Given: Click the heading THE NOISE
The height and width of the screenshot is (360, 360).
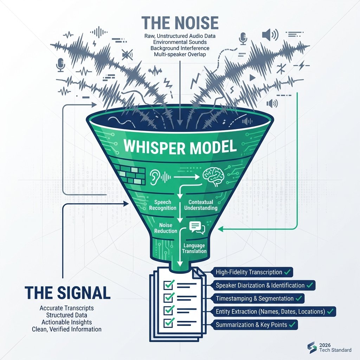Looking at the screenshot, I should (180, 23).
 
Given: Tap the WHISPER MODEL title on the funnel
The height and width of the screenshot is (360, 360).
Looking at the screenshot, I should (180, 147).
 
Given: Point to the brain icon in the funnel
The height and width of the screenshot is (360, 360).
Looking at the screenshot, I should (214, 176).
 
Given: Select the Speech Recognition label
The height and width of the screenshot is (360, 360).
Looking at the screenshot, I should (162, 205).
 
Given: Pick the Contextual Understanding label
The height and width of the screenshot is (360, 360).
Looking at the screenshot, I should (203, 205).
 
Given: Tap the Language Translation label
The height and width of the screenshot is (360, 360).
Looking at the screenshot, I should (194, 248).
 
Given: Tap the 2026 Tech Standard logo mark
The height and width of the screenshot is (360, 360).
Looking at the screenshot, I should (312, 347).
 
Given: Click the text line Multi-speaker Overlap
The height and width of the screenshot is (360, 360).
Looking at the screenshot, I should (180, 54).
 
